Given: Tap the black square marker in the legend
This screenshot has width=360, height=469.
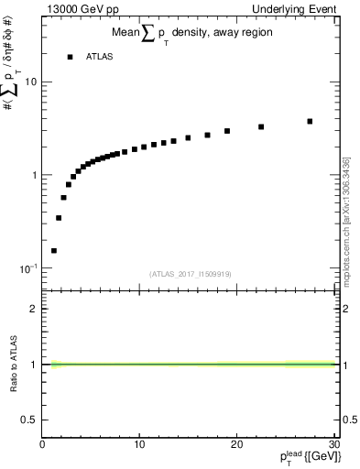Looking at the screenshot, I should (70, 57).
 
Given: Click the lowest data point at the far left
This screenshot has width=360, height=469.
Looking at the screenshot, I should (54, 250).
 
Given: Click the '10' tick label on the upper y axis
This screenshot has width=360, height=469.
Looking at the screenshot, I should (31, 82).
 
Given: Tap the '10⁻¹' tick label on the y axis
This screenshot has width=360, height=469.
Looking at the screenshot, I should (27, 268).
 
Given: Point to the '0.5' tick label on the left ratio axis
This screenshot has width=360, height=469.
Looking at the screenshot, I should (29, 420).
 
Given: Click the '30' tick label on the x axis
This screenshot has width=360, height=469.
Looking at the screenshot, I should (333, 445).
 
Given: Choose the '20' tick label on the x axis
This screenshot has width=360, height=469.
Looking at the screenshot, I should (236, 445).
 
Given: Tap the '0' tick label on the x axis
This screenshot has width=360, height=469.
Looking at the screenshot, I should (42, 445).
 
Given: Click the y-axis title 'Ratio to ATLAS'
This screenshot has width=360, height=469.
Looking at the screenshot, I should (13, 363).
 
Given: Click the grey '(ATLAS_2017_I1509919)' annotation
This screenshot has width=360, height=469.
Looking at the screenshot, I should (191, 273).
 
